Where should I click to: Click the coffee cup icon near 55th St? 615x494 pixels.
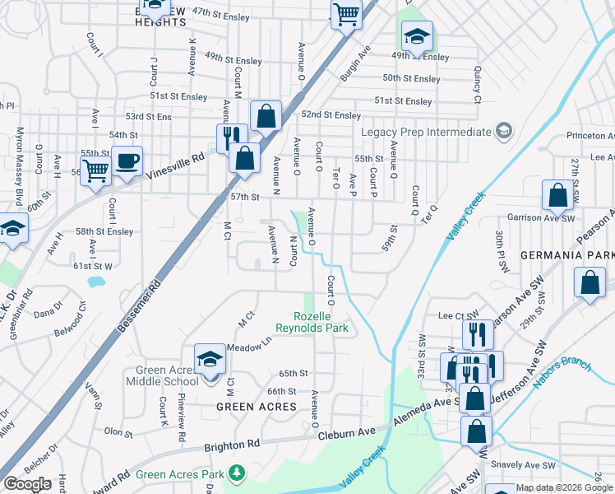click(x=126, y=161)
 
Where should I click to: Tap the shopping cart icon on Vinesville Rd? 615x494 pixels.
click(x=96, y=171)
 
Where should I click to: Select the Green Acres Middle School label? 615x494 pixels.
click(x=163, y=375)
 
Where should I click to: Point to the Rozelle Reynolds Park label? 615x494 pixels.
click(x=321, y=322)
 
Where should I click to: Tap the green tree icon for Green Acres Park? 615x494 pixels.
click(x=237, y=473)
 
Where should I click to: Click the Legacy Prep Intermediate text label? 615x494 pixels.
click(x=425, y=132)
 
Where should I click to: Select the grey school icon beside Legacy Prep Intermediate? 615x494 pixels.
click(x=503, y=132)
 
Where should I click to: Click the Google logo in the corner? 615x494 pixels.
click(x=27, y=483)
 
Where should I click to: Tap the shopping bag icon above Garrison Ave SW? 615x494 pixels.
click(x=557, y=195)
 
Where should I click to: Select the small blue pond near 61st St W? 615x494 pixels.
click(x=96, y=282)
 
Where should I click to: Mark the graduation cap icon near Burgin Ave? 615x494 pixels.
click(x=416, y=36)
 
